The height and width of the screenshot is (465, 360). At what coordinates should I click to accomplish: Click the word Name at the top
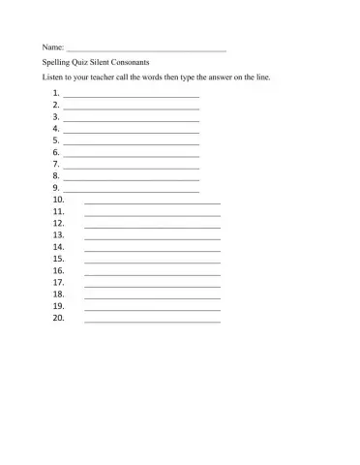[52, 46]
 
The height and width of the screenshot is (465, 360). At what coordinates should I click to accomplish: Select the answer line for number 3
[131, 119]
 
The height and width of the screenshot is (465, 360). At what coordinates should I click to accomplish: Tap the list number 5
[57, 140]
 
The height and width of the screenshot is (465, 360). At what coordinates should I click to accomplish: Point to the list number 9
[57, 188]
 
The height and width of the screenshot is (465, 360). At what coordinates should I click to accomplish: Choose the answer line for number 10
[152, 203]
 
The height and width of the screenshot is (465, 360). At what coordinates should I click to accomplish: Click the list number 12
[59, 223]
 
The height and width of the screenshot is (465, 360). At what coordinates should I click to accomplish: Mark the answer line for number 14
[152, 251]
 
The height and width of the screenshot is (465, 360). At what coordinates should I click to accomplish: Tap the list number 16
[59, 270]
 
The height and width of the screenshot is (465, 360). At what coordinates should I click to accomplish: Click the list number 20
[59, 317]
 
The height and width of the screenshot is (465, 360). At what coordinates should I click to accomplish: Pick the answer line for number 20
[152, 322]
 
